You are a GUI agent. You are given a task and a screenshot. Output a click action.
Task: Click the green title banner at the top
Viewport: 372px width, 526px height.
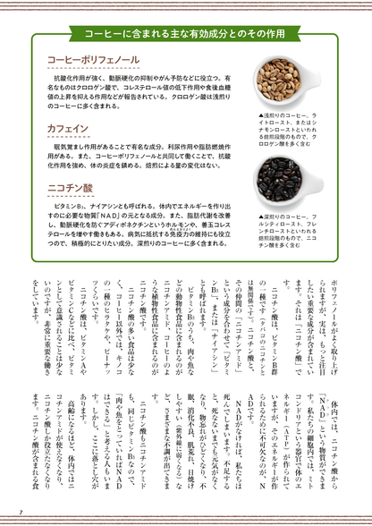point(186,33)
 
